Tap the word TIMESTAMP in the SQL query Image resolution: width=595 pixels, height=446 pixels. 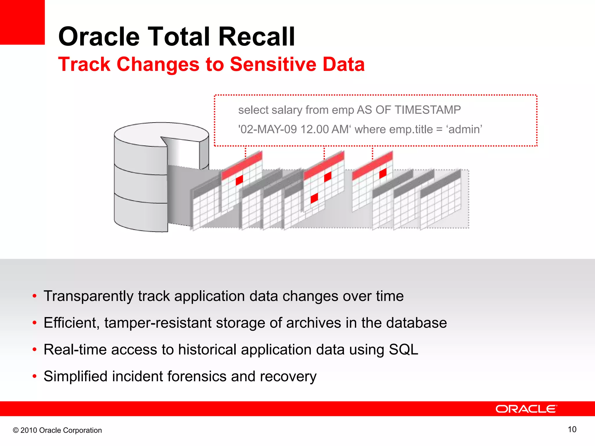tap(428, 110)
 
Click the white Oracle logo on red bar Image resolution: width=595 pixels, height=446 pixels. tap(526, 409)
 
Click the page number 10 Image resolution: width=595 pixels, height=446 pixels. tap(572, 429)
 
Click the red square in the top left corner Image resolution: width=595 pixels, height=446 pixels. tap(22, 22)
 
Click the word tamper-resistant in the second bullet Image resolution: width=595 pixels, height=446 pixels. tap(158, 323)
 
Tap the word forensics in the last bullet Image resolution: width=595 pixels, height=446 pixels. tap(196, 377)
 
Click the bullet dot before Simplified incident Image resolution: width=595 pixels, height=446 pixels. tap(35, 377)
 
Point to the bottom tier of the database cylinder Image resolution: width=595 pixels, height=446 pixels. tap(139, 215)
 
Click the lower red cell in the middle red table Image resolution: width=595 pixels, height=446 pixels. tap(314, 198)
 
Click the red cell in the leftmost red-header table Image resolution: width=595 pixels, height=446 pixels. tap(239, 180)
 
